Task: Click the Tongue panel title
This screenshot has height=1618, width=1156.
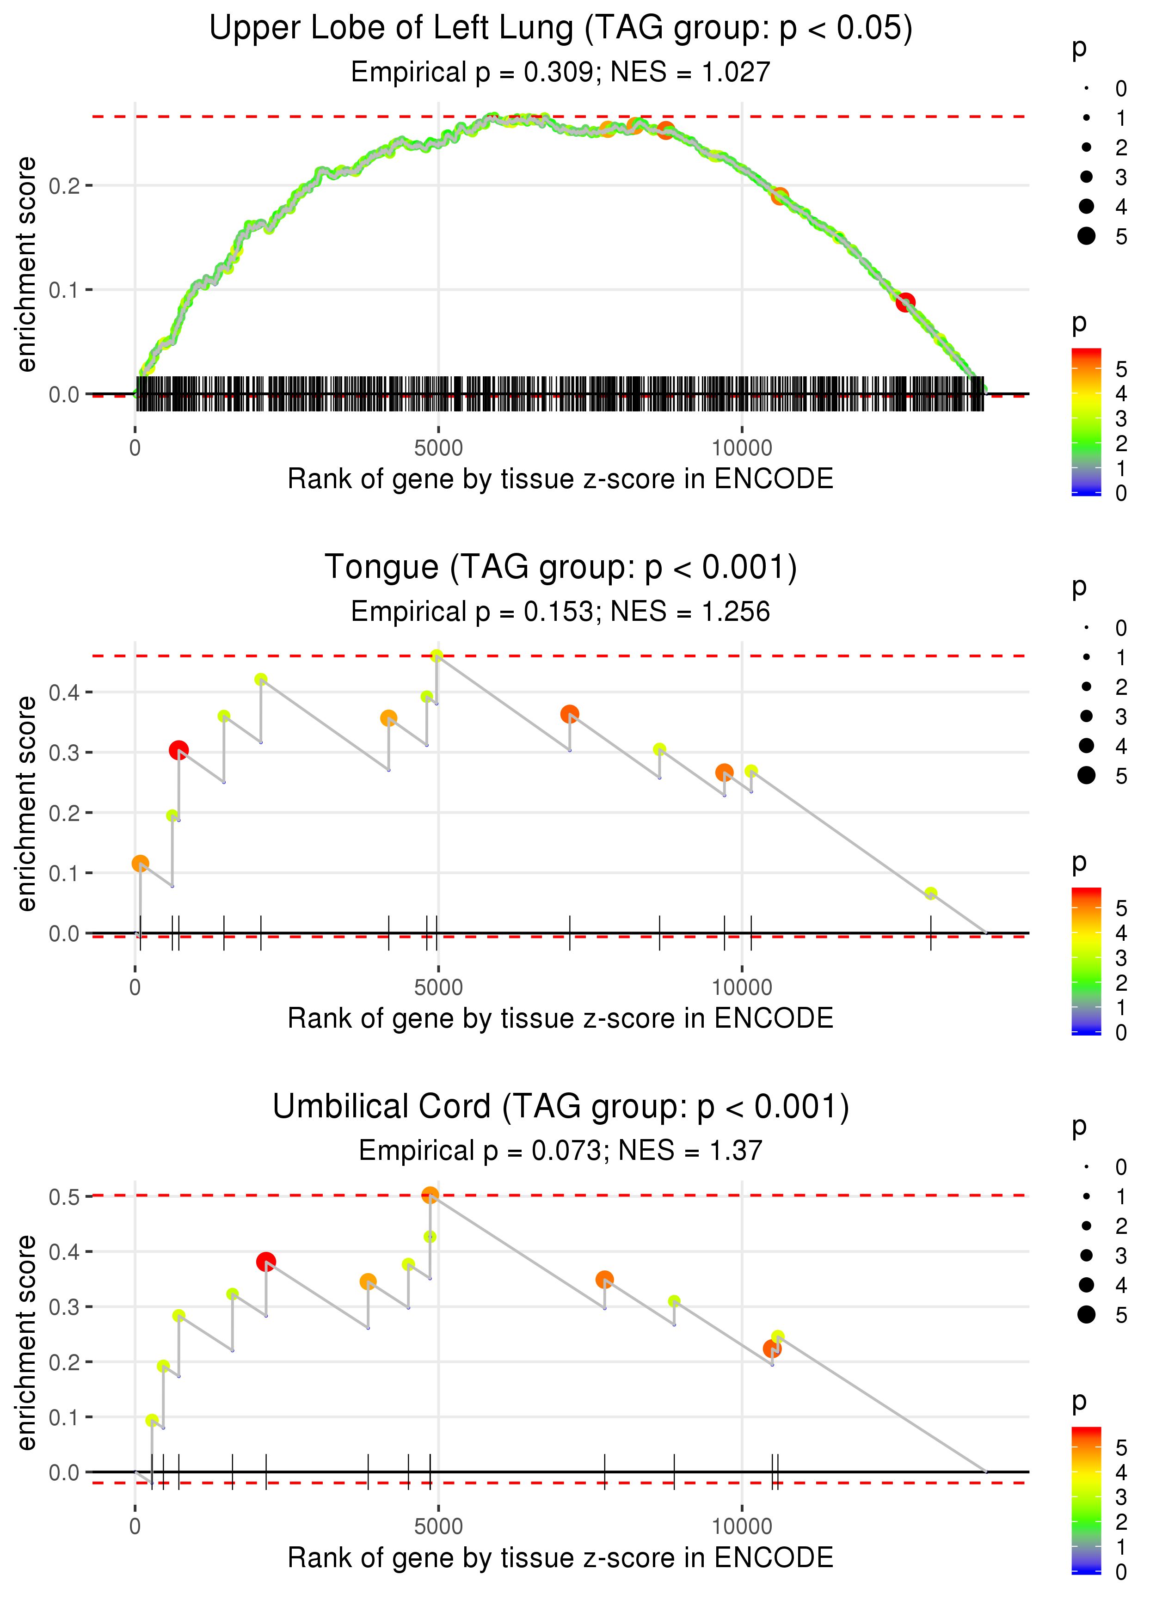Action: pos(560,567)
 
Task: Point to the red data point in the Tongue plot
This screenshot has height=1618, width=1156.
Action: pos(178,750)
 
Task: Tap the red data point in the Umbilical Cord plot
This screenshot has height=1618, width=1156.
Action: pos(265,1262)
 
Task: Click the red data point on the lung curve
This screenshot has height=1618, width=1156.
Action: pos(905,302)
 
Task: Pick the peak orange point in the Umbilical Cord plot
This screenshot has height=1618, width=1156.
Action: pos(430,1195)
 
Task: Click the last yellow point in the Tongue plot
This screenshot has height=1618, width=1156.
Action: pos(930,894)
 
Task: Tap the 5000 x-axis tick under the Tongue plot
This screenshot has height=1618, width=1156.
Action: pos(438,987)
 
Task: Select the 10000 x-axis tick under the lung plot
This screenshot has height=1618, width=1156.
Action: pos(742,447)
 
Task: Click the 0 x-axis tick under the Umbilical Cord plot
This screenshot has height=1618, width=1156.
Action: pos(135,1526)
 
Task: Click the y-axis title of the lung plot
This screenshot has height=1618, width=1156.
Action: pos(26,264)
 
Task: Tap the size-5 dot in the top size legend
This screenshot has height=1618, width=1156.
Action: pos(1086,235)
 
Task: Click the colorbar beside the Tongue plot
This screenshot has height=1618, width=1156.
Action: pos(1086,961)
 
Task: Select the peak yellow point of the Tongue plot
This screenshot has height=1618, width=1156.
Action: pos(437,656)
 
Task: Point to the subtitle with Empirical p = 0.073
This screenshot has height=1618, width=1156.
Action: pos(560,1151)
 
